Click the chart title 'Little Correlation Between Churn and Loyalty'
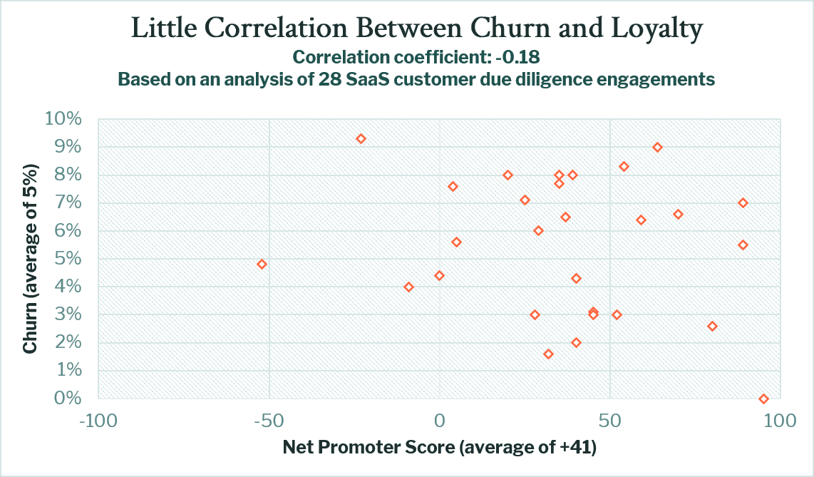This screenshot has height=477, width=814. coord(417,29)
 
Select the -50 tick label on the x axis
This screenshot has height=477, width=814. coord(269,421)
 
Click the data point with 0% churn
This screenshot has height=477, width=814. coord(763,399)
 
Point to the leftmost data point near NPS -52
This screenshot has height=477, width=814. coord(262,264)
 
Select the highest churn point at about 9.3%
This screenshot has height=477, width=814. coord(361,138)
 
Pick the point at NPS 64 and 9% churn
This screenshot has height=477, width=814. coord(657,147)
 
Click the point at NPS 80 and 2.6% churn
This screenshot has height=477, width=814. coord(712,326)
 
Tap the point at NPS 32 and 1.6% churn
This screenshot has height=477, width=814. coord(548,354)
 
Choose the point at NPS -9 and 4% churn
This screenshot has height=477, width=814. coord(408,287)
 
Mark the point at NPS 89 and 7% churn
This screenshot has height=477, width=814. coord(743,202)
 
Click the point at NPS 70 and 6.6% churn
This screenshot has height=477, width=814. coord(678,214)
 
